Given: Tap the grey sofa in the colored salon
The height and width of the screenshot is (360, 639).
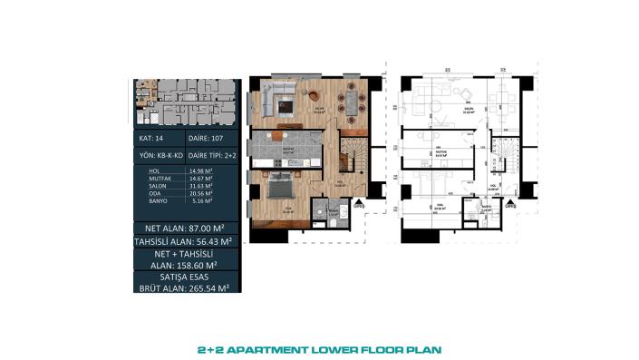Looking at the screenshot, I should click(x=274, y=93).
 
